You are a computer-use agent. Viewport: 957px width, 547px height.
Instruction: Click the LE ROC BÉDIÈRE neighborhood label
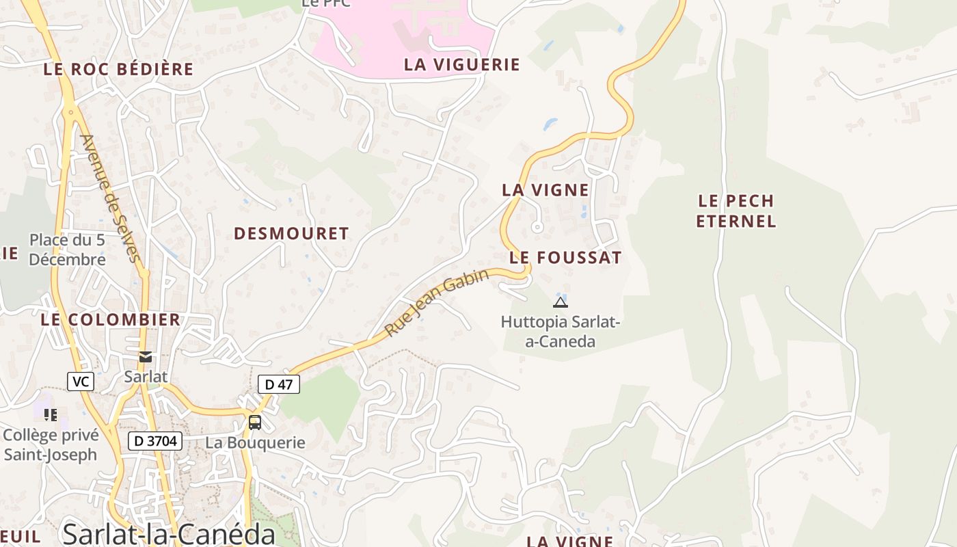click(118, 69)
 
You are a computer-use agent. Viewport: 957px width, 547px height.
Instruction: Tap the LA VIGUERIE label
click(462, 65)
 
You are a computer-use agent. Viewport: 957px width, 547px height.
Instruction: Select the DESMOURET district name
click(291, 234)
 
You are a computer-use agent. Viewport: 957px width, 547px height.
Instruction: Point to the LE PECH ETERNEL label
click(736, 211)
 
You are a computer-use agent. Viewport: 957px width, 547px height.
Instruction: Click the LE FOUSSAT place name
click(565, 258)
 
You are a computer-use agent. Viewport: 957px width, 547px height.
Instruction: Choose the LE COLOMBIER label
click(110, 319)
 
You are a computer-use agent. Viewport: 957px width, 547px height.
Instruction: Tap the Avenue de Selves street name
click(110, 198)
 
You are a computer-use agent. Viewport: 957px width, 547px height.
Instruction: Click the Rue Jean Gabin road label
click(437, 302)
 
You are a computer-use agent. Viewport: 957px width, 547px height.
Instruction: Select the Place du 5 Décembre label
click(67, 250)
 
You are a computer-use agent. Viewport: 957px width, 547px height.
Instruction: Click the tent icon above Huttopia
click(561, 302)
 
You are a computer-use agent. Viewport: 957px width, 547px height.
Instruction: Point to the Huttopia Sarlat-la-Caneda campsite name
click(561, 331)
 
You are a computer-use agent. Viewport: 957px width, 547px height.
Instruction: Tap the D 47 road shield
click(279, 384)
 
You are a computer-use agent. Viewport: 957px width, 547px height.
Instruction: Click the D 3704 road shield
click(155, 441)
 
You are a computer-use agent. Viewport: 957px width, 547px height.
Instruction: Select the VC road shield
click(81, 382)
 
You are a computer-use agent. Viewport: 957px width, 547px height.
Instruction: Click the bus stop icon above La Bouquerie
click(255, 423)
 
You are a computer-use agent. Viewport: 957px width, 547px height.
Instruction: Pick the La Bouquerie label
click(255, 442)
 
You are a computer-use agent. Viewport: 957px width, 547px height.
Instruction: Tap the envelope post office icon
click(146, 357)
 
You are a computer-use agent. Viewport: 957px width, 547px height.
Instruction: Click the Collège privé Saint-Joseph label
click(51, 444)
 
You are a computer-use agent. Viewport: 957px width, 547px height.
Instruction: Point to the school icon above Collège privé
click(50, 414)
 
